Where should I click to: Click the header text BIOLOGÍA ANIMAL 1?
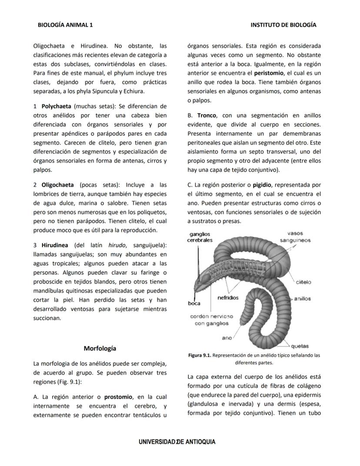[65, 25]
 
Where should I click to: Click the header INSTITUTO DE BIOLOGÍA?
[283, 25]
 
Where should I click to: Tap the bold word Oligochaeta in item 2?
[57, 185]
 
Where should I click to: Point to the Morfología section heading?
[100, 349]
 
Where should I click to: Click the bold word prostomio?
[118, 397]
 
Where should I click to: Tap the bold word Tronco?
[207, 115]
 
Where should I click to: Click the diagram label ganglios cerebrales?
[200, 237]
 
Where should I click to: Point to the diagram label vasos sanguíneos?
[295, 237]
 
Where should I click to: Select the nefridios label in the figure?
[228, 298]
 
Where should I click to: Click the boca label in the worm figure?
[194, 303]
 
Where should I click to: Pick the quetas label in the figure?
[300, 346]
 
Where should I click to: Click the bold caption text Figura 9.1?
[200, 355]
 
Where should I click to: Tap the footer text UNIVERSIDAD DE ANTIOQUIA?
[177, 442]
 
